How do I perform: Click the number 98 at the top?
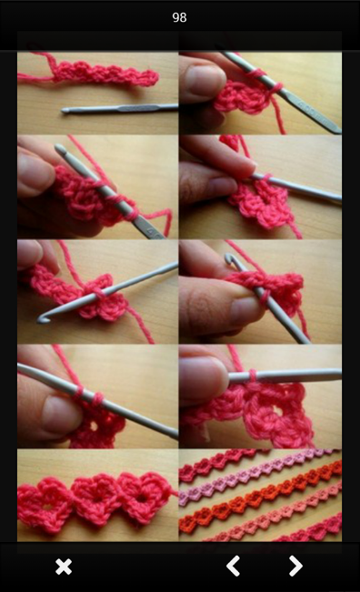click(x=179, y=17)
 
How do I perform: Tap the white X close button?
click(x=64, y=567)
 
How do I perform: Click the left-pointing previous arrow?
click(x=234, y=566)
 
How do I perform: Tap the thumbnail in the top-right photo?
click(x=205, y=81)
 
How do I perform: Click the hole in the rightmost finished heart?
click(x=142, y=497)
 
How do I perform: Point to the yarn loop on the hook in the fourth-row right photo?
click(x=253, y=376)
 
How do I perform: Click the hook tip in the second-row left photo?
click(x=60, y=148)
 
